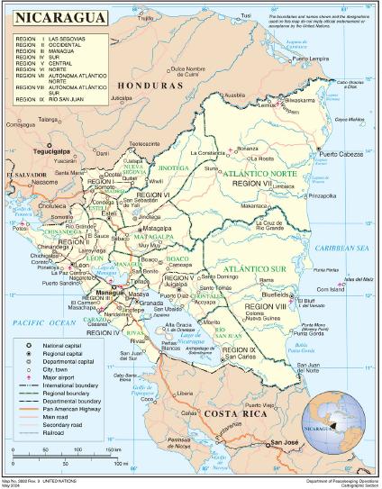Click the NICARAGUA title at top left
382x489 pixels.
point(55,18)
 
